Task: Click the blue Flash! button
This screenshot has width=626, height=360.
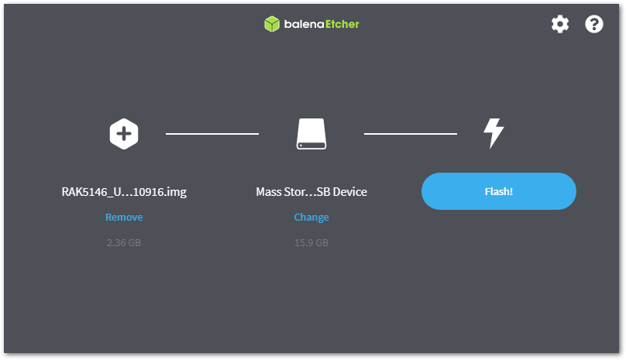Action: click(499, 191)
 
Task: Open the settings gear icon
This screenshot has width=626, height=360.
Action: click(560, 24)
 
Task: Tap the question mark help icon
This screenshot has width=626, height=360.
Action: click(594, 24)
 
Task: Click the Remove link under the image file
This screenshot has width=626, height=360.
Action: click(124, 217)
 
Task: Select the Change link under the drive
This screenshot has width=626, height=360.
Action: click(311, 217)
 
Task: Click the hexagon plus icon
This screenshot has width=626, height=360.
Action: click(124, 134)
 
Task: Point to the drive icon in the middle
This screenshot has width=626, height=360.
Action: click(311, 134)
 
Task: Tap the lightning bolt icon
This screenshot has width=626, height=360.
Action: click(494, 134)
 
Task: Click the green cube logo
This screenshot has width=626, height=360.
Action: click(272, 24)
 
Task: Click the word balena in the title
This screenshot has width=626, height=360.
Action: click(304, 24)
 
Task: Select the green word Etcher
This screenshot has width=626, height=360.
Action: click(342, 24)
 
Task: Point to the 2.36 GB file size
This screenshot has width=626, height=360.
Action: click(124, 242)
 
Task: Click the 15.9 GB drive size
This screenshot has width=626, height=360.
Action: click(311, 242)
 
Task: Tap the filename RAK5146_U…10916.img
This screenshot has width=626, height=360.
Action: click(124, 192)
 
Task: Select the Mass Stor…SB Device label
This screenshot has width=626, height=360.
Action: click(311, 192)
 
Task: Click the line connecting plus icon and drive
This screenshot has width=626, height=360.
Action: click(212, 134)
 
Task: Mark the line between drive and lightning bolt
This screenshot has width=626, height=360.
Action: click(411, 134)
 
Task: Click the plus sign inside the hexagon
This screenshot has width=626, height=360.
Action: click(124, 134)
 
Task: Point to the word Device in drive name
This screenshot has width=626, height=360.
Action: click(349, 192)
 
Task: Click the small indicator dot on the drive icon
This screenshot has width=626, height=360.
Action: click(301, 146)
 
